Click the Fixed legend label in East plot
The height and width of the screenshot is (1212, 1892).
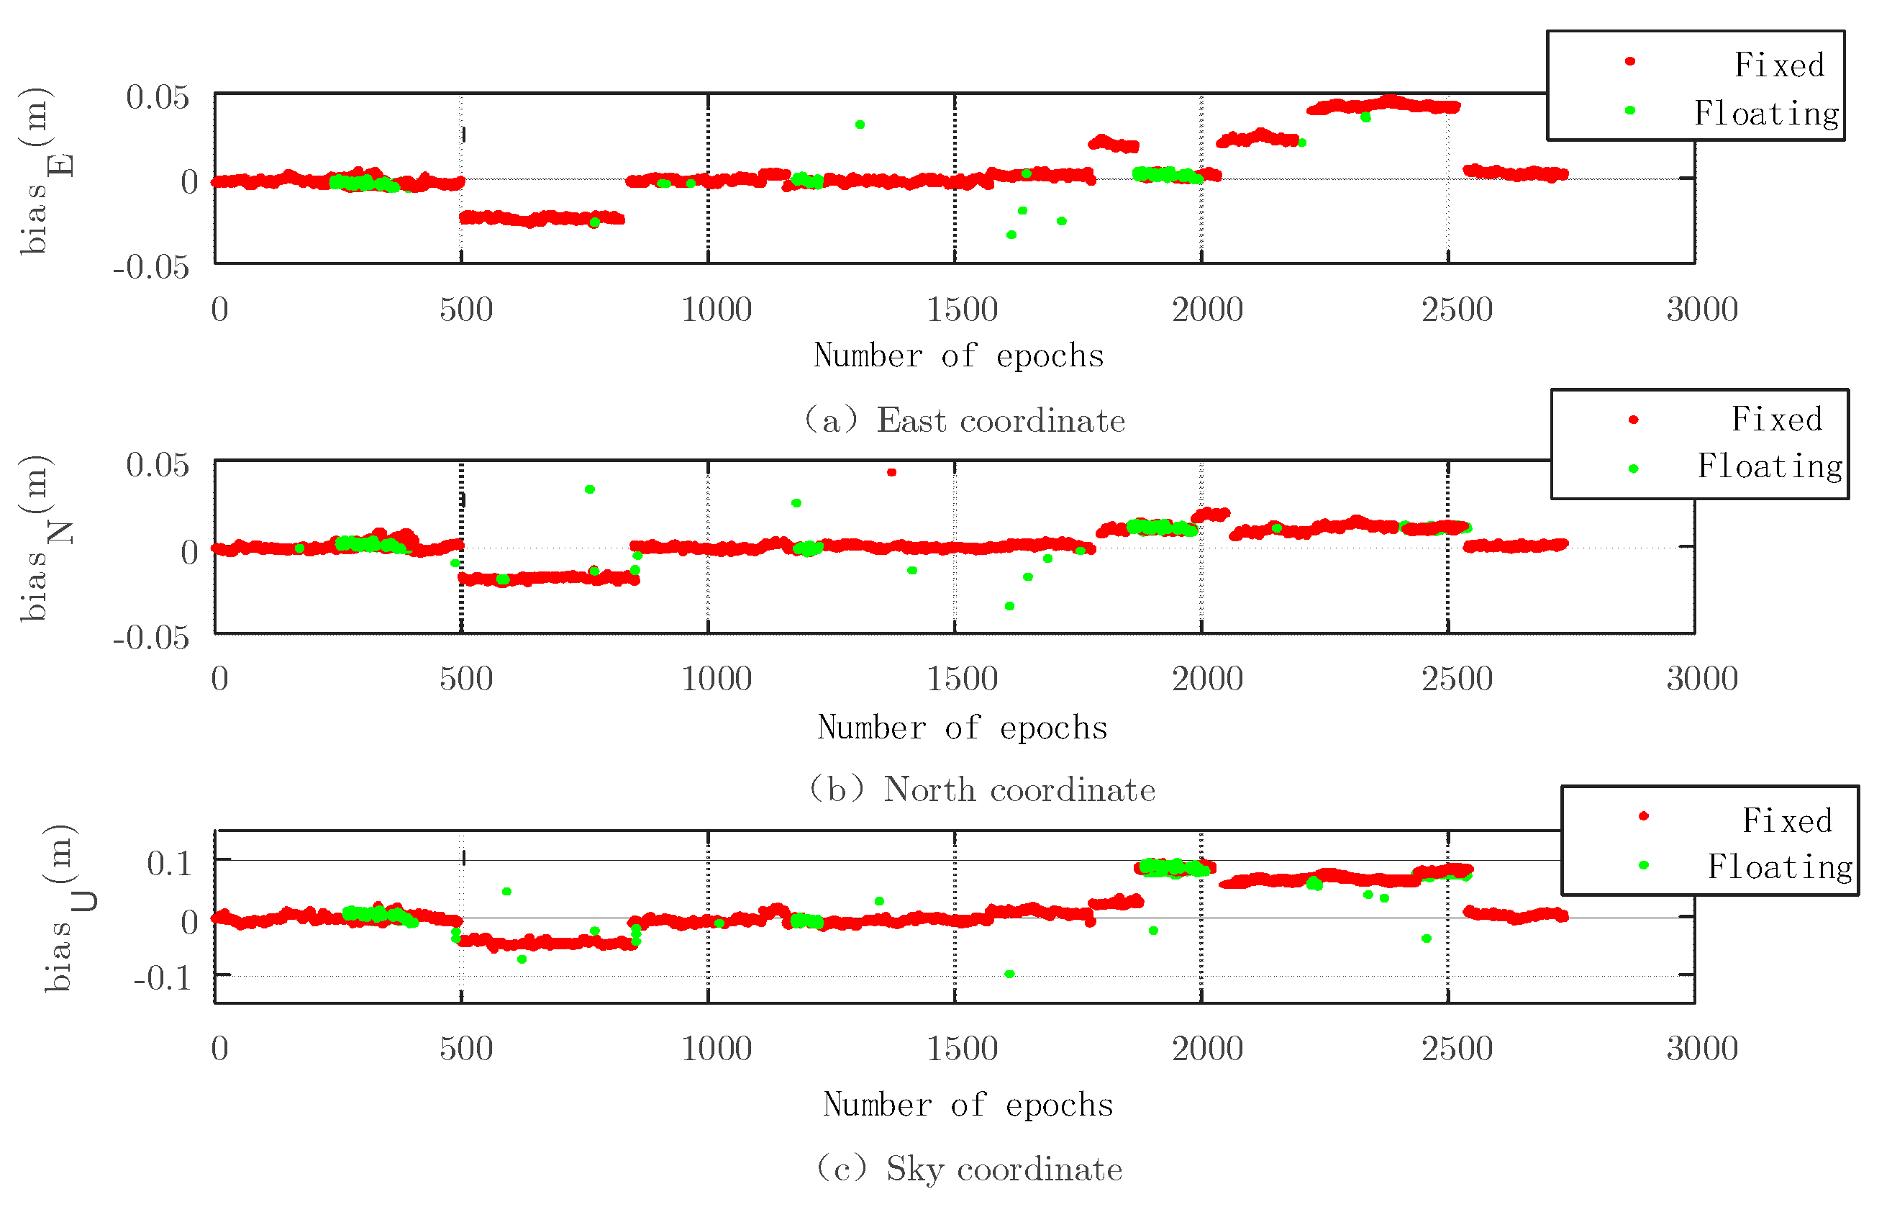click(1779, 65)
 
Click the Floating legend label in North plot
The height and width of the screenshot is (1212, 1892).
click(1770, 466)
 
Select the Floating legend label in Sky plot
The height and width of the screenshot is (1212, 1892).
click(1780, 867)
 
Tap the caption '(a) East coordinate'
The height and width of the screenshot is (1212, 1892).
click(965, 421)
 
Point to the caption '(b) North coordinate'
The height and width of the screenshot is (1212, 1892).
click(982, 790)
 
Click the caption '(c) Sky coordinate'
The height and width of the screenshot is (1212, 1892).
click(968, 1170)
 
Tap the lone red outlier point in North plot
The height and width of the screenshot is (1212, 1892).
click(891, 472)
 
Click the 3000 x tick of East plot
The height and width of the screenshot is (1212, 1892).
click(1701, 309)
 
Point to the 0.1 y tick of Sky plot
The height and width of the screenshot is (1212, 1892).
click(169, 864)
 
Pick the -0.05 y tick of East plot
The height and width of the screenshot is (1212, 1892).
click(151, 268)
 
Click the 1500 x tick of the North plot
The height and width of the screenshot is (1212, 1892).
click(961, 679)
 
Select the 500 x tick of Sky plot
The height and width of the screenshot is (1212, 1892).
click(465, 1049)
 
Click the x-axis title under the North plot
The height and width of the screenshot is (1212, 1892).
click(962, 728)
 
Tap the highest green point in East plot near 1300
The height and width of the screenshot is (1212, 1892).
click(860, 125)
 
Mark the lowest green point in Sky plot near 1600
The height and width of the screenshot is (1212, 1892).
click(1009, 974)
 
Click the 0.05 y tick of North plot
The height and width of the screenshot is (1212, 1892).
click(158, 465)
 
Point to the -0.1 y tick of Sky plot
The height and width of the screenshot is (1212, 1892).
click(162, 979)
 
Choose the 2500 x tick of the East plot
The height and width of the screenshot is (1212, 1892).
click(1456, 309)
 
